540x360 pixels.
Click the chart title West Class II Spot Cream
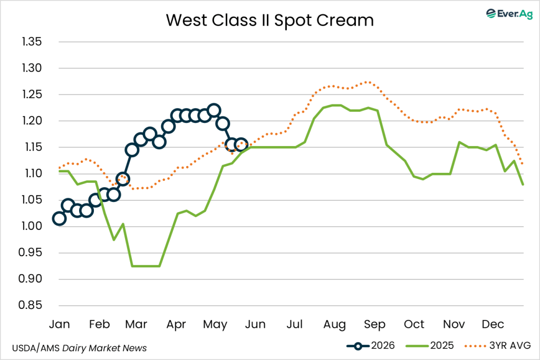pos(269,20)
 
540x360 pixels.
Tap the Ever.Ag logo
pos(509,13)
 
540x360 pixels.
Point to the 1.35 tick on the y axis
pos(32,42)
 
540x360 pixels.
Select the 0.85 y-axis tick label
pos(30,305)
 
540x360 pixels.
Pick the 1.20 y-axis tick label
pos(32,121)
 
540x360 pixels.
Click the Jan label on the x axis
pos(59,324)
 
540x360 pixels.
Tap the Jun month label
pos(255,324)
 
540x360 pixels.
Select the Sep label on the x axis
pos(375,324)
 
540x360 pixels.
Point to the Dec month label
pos(493,324)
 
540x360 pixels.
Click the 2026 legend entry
pos(371,346)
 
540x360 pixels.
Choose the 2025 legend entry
pos(430,346)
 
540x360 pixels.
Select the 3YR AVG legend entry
pos(498,346)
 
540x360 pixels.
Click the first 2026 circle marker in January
pos(59,219)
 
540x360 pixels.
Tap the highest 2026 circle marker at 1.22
pos(214,111)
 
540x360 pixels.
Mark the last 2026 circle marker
pos(240,144)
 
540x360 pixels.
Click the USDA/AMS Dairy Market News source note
pos(79,348)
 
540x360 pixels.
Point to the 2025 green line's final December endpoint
pos(523,185)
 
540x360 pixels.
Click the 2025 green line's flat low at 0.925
pos(146,266)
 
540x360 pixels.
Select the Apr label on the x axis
pos(176,324)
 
